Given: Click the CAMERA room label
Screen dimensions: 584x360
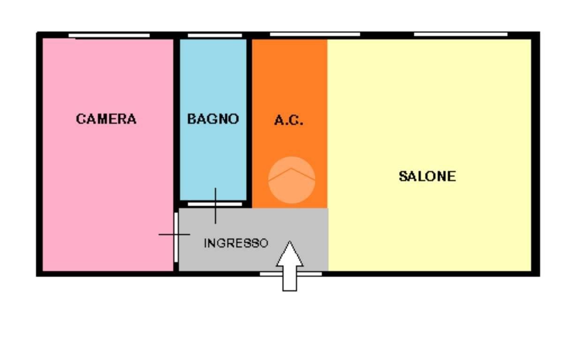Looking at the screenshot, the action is pos(106,119).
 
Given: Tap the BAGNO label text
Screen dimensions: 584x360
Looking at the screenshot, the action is pos(213,119).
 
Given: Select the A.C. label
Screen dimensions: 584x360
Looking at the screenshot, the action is pos(288,120).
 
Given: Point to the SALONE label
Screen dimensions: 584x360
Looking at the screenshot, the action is pos(427,176).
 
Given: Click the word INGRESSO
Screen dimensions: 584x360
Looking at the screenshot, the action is pos(236,243).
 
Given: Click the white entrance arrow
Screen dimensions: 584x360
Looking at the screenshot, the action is pos(289,266).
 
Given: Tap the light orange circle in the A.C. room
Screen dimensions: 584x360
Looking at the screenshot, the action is pos(292,180).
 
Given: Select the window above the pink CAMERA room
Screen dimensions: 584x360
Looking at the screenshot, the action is pos(109,36).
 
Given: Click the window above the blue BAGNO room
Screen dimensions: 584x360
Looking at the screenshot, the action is pos(215,36).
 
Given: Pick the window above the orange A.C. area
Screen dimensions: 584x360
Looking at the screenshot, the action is pos(315,34).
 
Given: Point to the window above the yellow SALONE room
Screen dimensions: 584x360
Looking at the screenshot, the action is pos(461,34).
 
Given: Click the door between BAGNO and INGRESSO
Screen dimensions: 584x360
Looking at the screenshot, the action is pos(215,204).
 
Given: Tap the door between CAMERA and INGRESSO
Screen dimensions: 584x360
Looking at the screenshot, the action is pos(176,237).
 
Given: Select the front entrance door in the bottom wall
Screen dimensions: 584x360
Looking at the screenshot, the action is pos(291,274).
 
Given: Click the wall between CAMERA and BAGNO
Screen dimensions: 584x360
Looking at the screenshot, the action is pos(176,122).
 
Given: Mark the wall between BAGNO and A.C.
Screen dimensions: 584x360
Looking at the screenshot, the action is pos(249,123).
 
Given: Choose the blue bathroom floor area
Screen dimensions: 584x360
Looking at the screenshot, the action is pos(213,156).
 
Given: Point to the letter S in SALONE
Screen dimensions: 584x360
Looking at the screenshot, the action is pos(403,176).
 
